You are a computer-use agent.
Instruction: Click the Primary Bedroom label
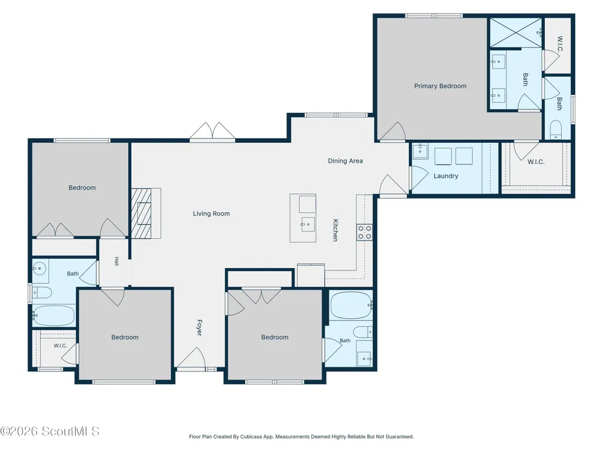pos(440,86)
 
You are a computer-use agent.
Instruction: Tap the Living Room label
pos(211,214)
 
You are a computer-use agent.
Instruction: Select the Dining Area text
pos(345,161)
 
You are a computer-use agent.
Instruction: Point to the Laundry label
pos(446,176)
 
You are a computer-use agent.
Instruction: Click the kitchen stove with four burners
pos(365,232)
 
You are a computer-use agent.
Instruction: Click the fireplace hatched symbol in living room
pos(141,213)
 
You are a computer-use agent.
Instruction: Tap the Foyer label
pos(199,327)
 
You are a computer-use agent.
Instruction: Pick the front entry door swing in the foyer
pos(191,357)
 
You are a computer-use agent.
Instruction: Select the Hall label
pos(116,262)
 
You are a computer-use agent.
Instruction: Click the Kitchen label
pos(335,230)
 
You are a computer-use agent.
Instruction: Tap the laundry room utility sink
pos(420,151)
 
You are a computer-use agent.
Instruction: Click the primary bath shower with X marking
pos(515,33)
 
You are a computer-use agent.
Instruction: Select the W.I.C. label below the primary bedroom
pos(536,162)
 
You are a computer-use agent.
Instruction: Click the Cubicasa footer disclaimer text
pos(301,437)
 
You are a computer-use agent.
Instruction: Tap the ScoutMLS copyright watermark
pos(49,431)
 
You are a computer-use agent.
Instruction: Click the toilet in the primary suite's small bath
pos(556,129)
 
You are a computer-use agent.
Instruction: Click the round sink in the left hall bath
pos(39,268)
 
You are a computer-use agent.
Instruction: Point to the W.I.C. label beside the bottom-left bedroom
pos(61,346)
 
